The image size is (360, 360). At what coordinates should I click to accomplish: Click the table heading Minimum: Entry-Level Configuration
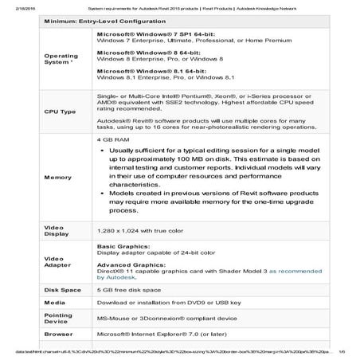[x=88, y=19]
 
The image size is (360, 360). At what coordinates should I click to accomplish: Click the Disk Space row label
[x=62, y=288]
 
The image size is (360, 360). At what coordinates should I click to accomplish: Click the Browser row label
[x=57, y=336]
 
